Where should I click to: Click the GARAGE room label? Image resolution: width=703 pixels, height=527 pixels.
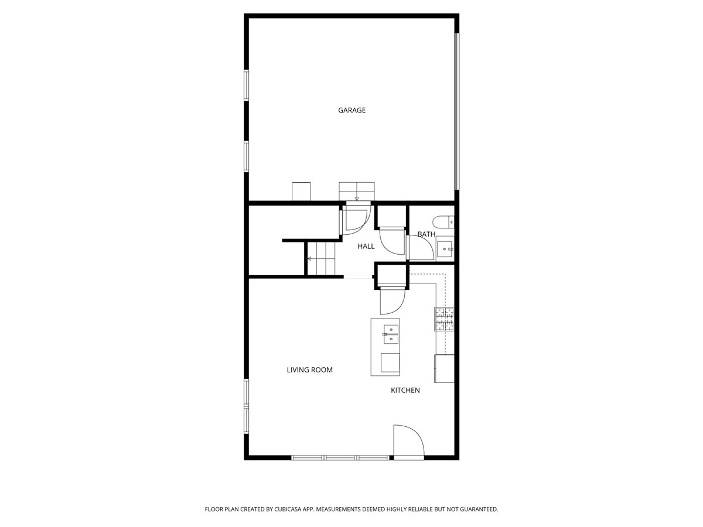pos(351,110)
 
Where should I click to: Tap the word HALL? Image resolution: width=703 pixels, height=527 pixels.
pos(366,247)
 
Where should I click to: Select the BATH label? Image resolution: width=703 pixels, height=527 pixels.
pos(426,234)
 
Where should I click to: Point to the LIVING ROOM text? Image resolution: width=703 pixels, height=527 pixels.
pos(309,370)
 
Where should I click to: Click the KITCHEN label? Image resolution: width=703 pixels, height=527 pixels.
pos(405,390)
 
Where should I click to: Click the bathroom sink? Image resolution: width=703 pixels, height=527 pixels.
pos(445,249)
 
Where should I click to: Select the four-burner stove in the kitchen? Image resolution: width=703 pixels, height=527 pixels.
pos(444,319)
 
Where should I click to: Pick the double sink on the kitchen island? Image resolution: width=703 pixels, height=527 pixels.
pos(390,334)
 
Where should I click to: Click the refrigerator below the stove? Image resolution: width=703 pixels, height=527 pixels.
pos(444,368)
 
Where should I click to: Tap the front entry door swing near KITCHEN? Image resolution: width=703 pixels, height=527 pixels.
pos(408,442)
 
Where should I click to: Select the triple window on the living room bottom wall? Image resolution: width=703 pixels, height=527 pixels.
pos(340,457)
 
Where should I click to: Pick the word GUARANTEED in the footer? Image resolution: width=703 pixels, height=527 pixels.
pos(475,509)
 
